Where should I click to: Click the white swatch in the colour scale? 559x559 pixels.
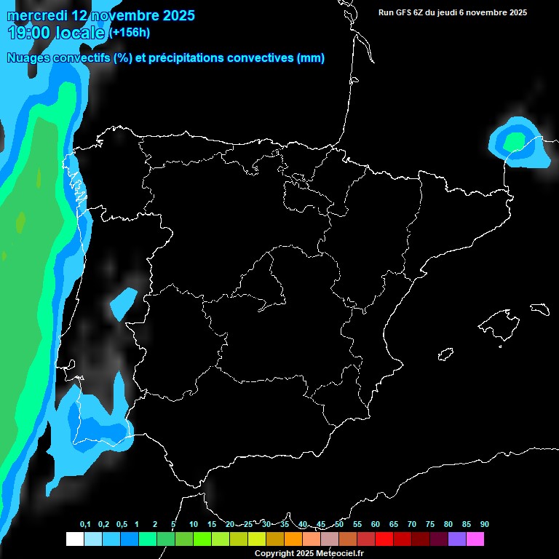point(74,539)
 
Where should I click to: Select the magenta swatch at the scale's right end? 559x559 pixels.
point(475,539)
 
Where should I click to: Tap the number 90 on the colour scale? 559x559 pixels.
point(484,524)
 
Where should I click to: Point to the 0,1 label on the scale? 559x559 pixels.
point(85,524)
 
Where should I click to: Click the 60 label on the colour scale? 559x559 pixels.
point(375,524)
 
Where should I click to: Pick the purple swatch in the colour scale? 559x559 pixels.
point(456,539)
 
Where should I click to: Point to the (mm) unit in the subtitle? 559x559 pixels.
point(311,58)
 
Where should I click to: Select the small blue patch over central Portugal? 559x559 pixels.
point(123,303)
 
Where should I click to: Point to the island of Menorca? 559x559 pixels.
point(539,309)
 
